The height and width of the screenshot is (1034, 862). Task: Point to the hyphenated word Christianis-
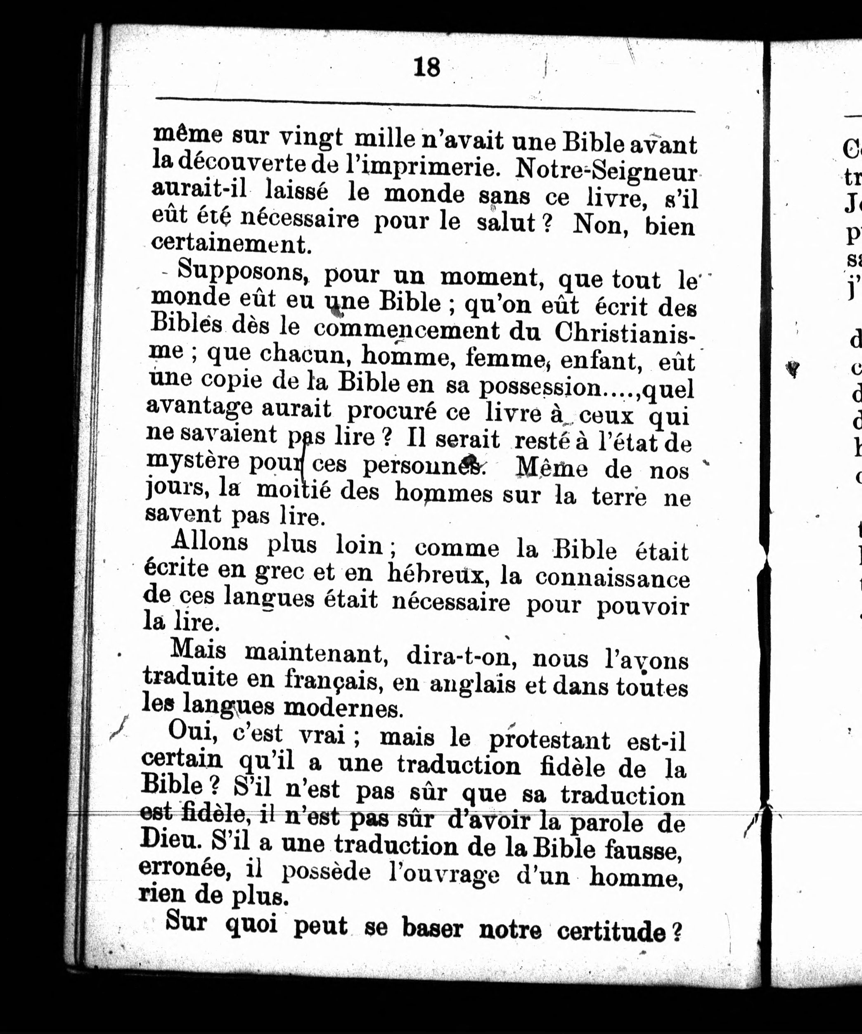[x=624, y=333]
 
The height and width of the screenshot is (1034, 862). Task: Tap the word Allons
[x=210, y=542]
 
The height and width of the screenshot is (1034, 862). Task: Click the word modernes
[x=343, y=707]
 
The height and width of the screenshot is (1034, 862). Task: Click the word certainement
[x=231, y=244]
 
